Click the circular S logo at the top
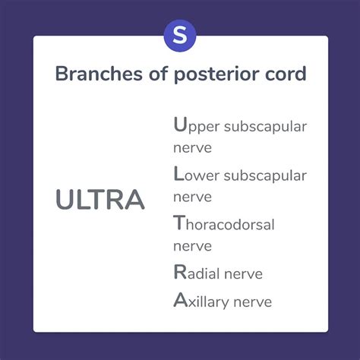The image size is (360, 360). pos(180,36)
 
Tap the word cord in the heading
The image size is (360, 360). pos(285,74)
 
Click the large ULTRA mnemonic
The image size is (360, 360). pos(99,200)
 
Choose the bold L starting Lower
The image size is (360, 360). pos(178,174)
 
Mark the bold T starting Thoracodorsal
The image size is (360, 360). pos(178,223)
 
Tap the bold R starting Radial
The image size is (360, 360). pos(179,273)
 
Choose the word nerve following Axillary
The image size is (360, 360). pos(252,302)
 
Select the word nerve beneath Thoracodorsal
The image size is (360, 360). pos(192,248)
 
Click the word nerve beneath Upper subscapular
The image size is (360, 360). pos(192,147)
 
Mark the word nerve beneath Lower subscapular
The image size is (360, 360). pos(192,197)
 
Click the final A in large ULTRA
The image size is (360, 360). pos(132,200)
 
